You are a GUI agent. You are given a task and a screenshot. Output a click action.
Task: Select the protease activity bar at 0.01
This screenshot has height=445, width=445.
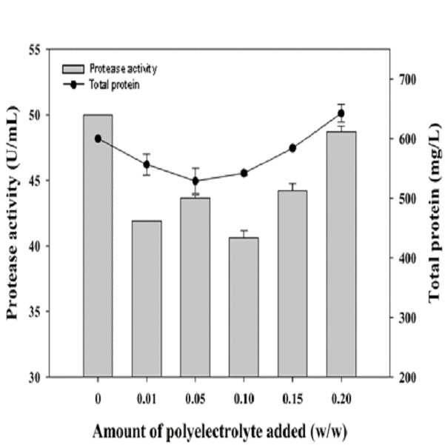point(147,298)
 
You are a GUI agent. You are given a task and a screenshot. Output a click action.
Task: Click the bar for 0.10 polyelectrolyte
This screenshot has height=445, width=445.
point(244,307)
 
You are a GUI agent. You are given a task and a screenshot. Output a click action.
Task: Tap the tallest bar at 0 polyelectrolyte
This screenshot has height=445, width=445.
point(98,246)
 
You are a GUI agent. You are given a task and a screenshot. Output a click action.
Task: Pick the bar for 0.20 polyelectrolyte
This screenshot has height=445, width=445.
point(341,254)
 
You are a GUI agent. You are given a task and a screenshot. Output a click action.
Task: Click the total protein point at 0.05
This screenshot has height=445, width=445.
point(195,181)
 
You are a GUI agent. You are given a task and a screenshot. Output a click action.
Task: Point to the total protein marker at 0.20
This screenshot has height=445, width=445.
point(341,113)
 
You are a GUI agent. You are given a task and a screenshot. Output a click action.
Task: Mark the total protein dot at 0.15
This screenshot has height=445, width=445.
point(292,148)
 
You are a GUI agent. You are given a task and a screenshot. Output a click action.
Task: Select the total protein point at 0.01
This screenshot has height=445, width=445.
point(147,164)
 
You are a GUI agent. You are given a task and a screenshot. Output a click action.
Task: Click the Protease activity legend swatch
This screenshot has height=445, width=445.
point(73,69)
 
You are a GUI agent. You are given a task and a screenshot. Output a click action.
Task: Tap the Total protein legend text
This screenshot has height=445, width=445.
point(114,84)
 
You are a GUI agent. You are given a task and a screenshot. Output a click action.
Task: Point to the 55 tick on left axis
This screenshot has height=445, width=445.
point(35,50)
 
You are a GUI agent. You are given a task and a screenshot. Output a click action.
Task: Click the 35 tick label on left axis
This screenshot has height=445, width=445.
point(35,311)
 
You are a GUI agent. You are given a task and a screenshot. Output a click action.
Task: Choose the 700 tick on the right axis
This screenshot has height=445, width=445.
point(407,79)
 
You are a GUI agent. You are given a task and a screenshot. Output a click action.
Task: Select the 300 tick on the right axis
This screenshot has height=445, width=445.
point(407,318)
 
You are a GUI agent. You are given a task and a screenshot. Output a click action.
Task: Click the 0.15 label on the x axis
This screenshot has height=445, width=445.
point(292,399)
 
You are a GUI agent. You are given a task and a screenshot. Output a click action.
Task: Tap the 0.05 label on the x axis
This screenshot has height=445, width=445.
point(195,399)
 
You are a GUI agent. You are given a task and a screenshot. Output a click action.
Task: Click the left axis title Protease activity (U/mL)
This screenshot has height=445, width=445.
point(12,213)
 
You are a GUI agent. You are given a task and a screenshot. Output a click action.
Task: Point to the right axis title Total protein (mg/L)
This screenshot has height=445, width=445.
point(435,213)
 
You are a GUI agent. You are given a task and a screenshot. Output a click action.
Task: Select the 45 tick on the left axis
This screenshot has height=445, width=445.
point(35,181)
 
